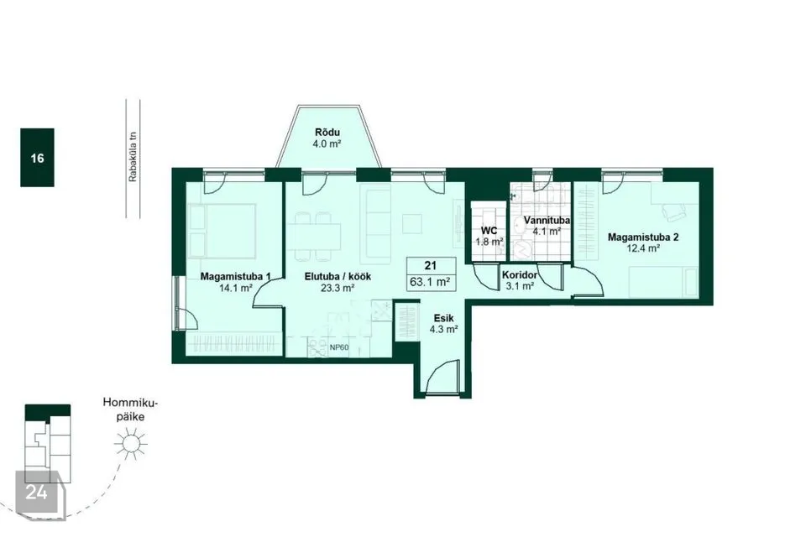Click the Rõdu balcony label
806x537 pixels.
pos(327,133)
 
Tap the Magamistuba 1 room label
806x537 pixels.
pos(235,276)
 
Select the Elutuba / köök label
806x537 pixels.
pos(338,276)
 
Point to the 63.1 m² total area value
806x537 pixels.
pos(430,282)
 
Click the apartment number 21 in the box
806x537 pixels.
pos(430,266)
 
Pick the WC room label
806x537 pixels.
pos(489,231)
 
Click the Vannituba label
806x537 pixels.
pos(547,221)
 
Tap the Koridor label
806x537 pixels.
pos(520,275)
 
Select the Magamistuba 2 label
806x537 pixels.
pos(643,237)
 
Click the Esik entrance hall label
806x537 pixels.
pos(443,318)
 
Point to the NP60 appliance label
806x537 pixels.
pos(339,347)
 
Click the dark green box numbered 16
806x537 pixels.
pos(37,157)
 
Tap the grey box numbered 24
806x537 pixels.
pos(37,493)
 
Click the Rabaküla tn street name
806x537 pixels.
pos(133,157)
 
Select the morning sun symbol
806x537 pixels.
pos(131,444)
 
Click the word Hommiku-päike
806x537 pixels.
pos(130,409)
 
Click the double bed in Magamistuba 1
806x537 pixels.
pos(222,231)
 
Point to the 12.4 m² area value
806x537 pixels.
pos(643,248)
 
